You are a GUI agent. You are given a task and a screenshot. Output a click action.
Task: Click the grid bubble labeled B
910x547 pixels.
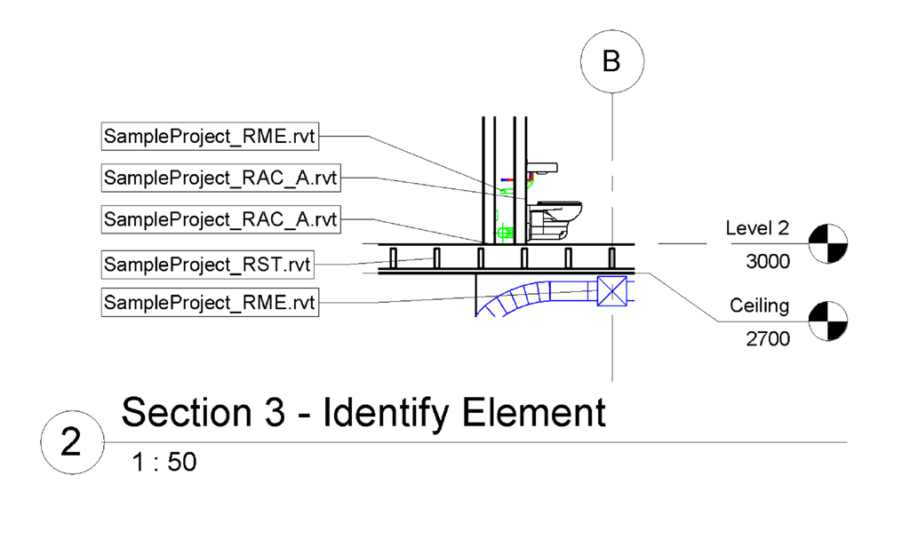tap(611, 61)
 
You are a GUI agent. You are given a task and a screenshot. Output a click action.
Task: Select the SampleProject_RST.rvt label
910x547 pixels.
tap(208, 264)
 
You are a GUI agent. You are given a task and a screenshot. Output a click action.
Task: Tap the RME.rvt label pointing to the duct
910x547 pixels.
tap(210, 302)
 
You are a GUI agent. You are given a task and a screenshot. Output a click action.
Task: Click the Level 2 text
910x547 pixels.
tap(756, 228)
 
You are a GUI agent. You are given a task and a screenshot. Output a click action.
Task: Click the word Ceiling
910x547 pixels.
tap(759, 306)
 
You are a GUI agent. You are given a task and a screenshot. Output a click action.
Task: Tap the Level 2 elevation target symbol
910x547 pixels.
tap(828, 243)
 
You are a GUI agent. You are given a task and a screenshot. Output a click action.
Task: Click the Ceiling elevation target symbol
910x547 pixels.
tap(828, 321)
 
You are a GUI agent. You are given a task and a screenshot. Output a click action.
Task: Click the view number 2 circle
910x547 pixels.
tap(70, 442)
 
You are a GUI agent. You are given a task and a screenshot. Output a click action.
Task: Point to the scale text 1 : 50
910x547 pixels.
tap(164, 463)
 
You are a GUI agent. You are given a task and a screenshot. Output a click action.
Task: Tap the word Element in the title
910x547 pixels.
tap(533, 413)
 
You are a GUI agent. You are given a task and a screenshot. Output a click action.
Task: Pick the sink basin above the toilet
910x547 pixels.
tap(542, 167)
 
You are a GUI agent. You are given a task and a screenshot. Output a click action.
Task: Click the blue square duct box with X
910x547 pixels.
tap(612, 291)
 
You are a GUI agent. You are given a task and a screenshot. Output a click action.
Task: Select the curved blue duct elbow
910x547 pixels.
tap(515, 297)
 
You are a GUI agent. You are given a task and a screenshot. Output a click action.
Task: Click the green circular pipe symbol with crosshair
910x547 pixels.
tap(506, 233)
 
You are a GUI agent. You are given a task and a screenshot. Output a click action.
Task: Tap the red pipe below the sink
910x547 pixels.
tap(531, 180)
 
